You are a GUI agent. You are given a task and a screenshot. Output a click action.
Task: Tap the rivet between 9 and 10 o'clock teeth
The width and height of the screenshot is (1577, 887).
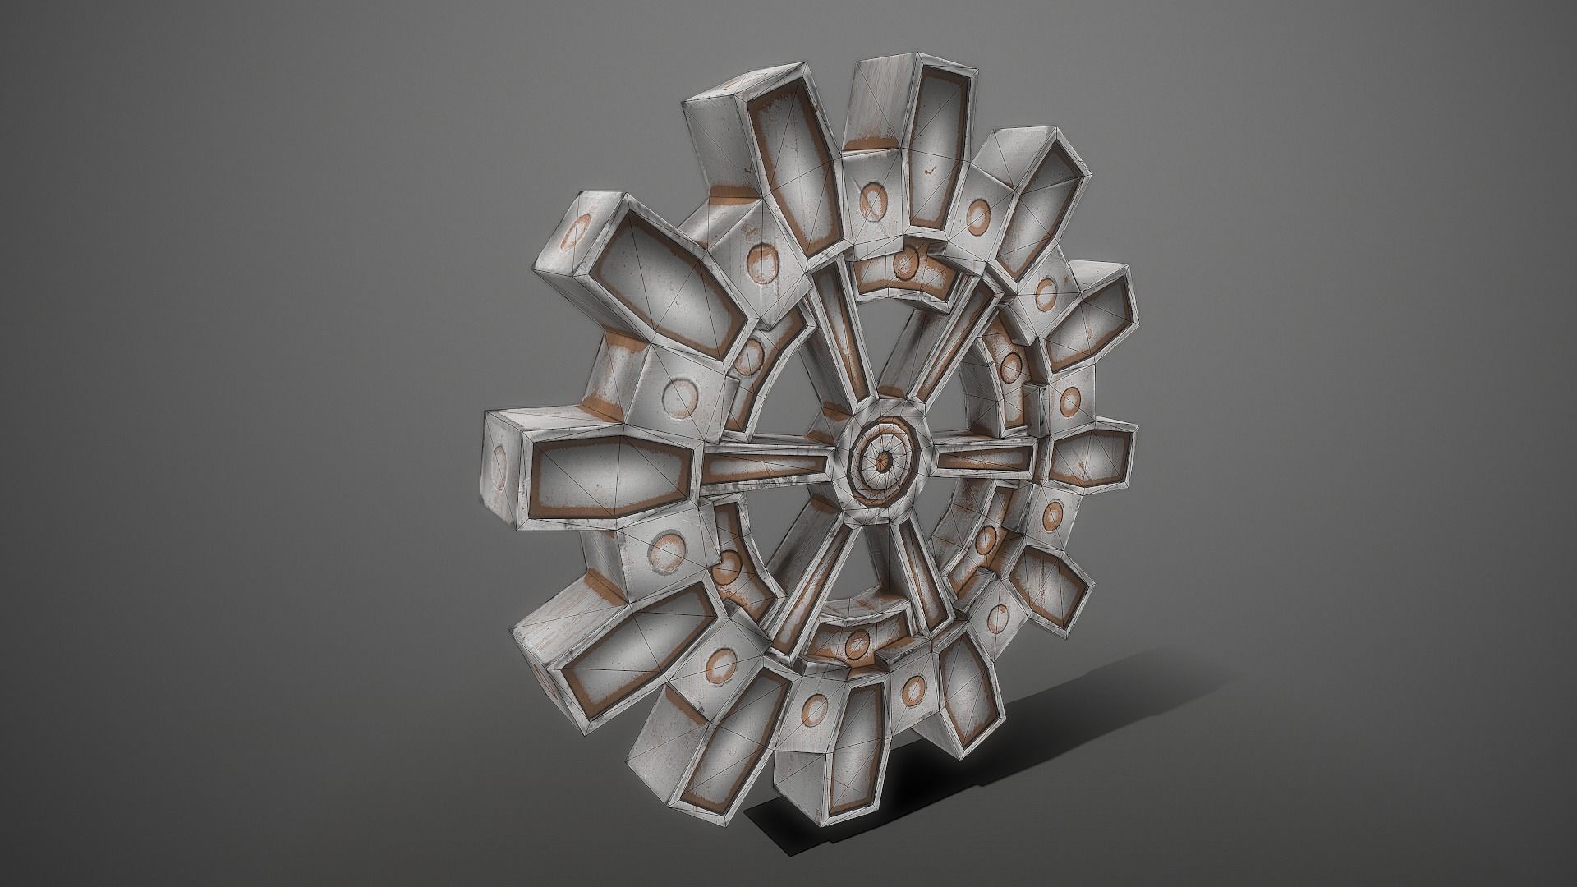680,398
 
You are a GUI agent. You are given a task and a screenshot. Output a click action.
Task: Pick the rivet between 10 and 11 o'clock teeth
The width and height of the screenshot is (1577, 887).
762,260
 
